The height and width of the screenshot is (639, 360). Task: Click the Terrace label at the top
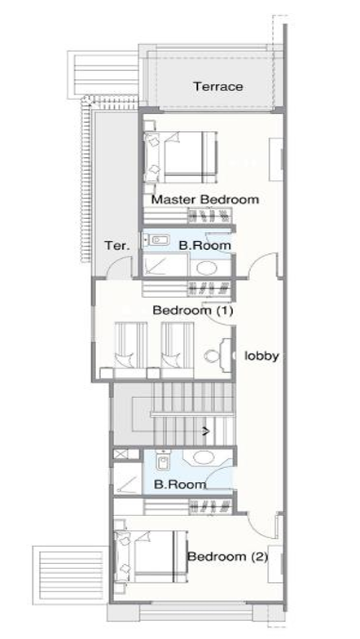coord(218,86)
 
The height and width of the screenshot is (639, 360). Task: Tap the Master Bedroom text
coord(205,199)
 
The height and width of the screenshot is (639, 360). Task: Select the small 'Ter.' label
coord(117,245)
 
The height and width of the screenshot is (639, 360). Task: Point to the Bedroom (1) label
coord(193,310)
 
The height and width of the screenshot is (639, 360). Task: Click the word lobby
coord(261,356)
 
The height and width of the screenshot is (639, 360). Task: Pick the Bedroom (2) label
coord(227,556)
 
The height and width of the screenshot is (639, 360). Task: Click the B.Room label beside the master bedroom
coord(205,245)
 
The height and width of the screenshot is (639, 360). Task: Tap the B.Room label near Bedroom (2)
coord(180,484)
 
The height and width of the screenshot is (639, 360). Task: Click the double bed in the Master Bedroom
coord(180,157)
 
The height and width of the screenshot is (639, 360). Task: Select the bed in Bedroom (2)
coord(151,556)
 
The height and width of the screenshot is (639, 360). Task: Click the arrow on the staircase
coord(206,431)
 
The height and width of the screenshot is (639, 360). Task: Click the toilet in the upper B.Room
coord(156,240)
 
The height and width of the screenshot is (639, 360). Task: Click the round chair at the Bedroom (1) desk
coord(211,356)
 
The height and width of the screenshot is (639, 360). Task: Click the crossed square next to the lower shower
coord(121,454)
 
